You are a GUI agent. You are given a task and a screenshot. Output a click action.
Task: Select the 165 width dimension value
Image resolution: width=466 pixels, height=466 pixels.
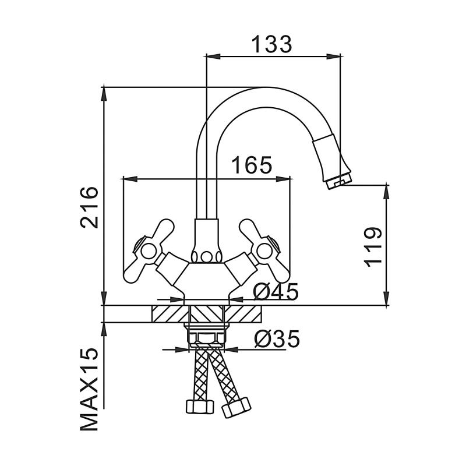coord(252,165)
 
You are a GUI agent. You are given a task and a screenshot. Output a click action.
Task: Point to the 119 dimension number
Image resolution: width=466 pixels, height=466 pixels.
coord(373,246)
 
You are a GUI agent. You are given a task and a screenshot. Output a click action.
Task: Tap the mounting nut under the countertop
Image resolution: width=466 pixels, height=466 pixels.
coord(206,337)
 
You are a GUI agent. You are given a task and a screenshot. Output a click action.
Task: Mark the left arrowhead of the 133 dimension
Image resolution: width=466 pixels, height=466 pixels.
coord(211,57)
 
